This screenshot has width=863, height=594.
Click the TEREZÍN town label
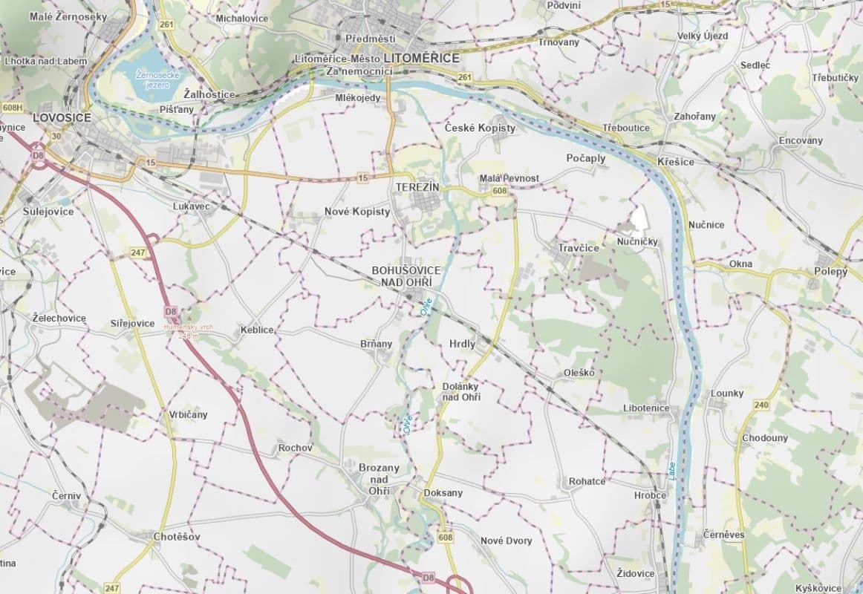point(418,188)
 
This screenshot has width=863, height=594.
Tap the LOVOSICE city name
point(62,118)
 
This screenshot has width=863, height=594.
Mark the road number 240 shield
point(761,405)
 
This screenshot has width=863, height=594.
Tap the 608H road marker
point(12,108)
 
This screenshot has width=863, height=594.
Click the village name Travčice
point(579,248)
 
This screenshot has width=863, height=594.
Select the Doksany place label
point(443,493)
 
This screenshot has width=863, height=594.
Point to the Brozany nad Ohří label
point(379,479)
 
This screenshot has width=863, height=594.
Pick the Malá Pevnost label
point(509,179)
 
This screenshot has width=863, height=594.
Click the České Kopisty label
point(480,128)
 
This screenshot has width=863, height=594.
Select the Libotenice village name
point(646,408)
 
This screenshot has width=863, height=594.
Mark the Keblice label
point(257,330)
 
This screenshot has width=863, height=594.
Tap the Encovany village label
point(801,140)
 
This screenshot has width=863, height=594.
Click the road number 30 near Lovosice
point(56,135)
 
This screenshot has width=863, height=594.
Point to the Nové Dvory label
point(507,541)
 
